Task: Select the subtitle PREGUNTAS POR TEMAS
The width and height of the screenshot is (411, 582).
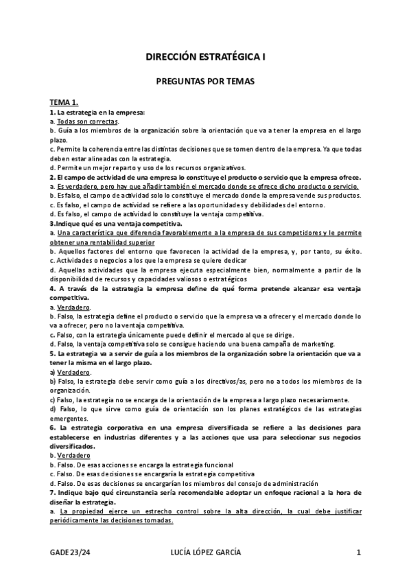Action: [205, 82]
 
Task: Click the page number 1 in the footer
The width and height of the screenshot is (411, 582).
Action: [358, 553]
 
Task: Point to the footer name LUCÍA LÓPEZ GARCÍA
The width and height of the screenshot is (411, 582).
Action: [204, 553]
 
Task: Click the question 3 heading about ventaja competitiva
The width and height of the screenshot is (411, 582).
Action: [115, 224]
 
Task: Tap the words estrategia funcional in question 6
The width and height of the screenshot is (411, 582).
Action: [202, 465]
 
